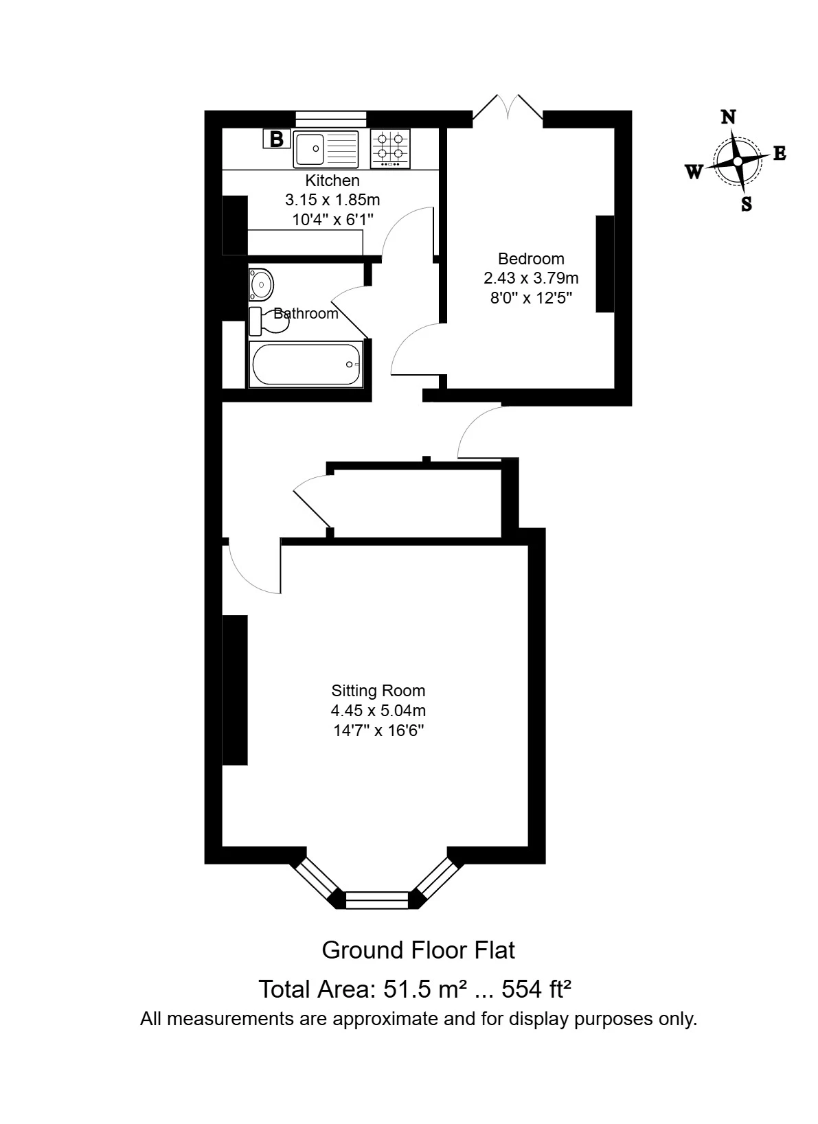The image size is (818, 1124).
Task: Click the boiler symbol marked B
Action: [x=276, y=139]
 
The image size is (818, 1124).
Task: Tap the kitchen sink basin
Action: [x=310, y=148]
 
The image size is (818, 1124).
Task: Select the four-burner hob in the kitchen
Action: [x=390, y=148]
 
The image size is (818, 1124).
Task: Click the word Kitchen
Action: [x=332, y=181]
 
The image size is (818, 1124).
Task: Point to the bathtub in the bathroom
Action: [x=305, y=365]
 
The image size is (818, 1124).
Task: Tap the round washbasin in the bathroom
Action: [x=261, y=284]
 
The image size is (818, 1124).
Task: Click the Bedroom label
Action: [x=531, y=259]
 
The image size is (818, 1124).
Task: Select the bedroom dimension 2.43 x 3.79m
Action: [x=531, y=279]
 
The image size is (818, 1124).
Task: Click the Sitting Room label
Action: [x=378, y=691]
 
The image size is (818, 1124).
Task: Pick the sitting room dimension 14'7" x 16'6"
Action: [x=378, y=731]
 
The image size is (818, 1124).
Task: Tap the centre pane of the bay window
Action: [x=376, y=899]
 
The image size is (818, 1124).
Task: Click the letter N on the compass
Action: [x=729, y=117]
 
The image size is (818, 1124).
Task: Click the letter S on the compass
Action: [x=746, y=204]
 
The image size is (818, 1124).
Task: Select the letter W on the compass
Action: [x=694, y=172]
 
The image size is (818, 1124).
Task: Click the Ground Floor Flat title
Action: [x=418, y=950]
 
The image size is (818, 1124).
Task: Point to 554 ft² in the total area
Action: [x=536, y=989]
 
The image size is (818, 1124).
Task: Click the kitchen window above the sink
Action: [x=331, y=117]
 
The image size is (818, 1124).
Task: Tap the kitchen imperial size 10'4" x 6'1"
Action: [x=332, y=220]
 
